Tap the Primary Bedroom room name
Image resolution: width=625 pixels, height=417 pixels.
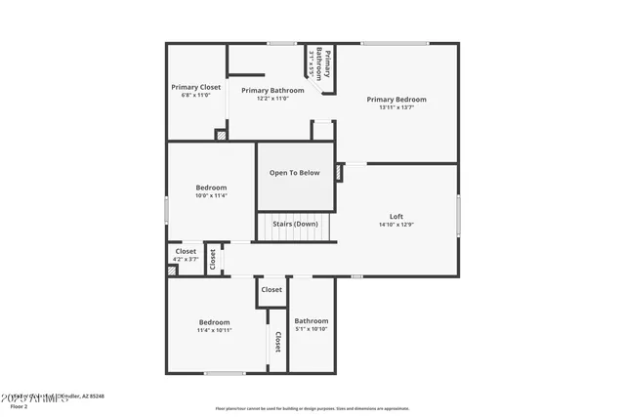coord(396,99)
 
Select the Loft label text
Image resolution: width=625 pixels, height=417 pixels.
coord(396,216)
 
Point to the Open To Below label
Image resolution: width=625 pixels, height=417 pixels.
coord(295,173)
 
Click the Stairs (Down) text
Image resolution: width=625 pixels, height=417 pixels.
coord(295,224)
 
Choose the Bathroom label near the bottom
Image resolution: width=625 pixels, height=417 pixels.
coord(312,320)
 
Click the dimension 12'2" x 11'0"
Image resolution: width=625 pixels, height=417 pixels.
coord(272,99)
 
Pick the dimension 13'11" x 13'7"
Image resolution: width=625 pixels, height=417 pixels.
coord(396,107)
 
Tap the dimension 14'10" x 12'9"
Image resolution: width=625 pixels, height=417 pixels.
coord(396,225)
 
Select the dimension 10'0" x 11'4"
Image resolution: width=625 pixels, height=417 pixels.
coord(211,196)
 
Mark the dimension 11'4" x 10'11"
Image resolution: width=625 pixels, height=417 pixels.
coord(215,330)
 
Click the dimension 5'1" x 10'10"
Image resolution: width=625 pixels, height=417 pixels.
coord(312,329)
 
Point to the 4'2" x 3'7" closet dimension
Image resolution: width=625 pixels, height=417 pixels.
coord(186,260)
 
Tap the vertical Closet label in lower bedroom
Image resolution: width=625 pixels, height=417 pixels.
coord(277,341)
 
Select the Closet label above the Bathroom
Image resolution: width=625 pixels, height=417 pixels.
coord(271,289)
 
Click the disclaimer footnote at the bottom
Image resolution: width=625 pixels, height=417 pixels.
coord(312,408)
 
